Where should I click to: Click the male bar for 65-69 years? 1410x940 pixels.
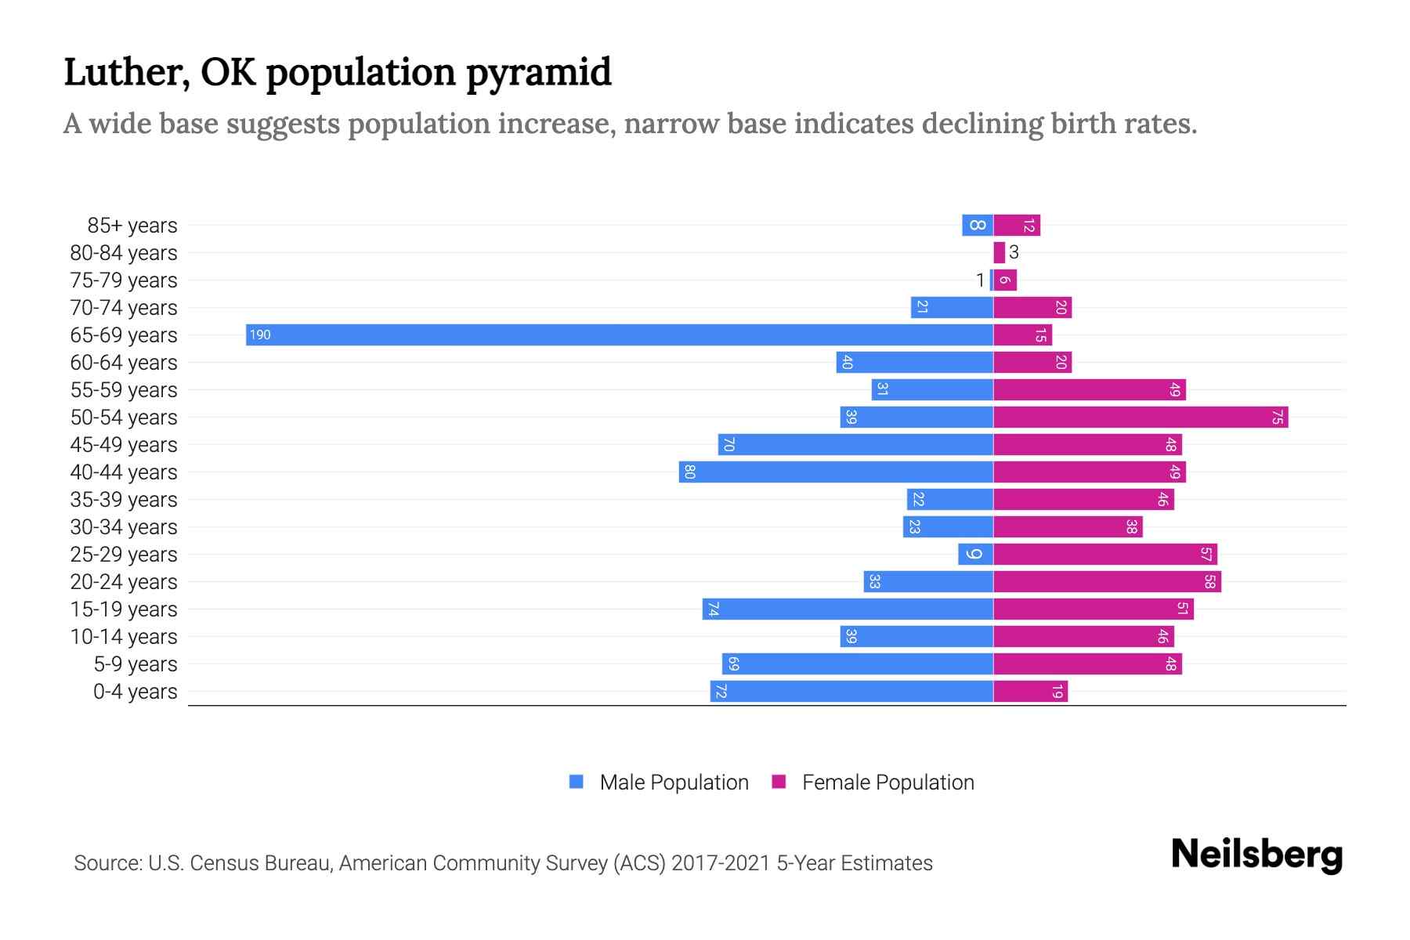coord(619,335)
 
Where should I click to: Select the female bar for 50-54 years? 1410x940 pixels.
coord(1140,418)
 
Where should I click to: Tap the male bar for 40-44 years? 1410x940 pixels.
coord(836,472)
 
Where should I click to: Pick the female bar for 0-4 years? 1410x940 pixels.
coord(1030,692)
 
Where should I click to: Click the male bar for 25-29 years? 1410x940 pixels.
coord(975,555)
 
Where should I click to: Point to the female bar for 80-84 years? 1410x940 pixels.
coord(999,253)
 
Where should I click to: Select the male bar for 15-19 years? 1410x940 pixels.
coord(848,609)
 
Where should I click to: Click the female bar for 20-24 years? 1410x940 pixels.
coord(1107,582)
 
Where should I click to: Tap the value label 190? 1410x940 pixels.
coord(260,335)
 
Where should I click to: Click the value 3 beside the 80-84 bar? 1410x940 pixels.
coord(1014,252)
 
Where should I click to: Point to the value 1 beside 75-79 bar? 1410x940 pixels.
coord(980,280)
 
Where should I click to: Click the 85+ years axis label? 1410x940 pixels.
coord(132,226)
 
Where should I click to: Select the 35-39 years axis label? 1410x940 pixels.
coord(124,500)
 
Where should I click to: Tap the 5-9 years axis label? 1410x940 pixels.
coord(135,664)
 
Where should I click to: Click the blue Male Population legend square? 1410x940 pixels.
coord(577,782)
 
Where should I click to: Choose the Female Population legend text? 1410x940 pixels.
coord(888,783)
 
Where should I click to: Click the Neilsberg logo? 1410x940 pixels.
coord(1256,855)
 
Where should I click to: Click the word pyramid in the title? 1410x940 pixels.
coord(538,73)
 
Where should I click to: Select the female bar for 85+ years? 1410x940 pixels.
coord(1017,226)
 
